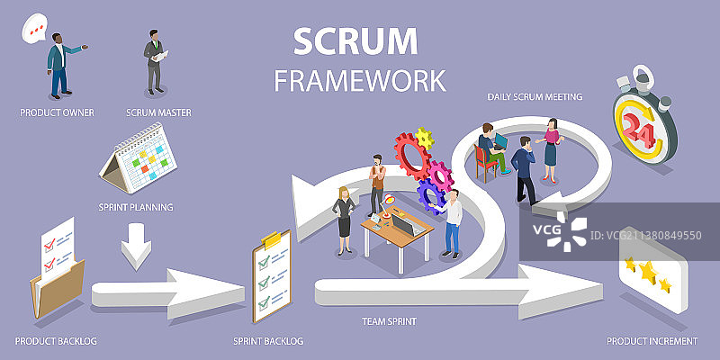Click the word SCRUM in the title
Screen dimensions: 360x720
pyautogui.click(x=356, y=41)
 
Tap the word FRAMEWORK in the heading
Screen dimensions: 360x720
pyautogui.click(x=360, y=80)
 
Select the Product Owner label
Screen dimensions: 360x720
pyautogui.click(x=58, y=112)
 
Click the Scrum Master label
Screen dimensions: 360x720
pyautogui.click(x=158, y=112)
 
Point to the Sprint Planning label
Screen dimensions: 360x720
pyautogui.click(x=135, y=207)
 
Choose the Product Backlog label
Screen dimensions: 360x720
pyautogui.click(x=56, y=341)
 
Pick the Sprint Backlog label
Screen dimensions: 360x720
pyautogui.click(x=268, y=341)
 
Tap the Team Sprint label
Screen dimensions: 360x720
pyautogui.click(x=390, y=320)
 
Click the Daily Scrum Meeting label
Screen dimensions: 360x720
pyautogui.click(x=535, y=95)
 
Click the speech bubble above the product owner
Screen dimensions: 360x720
pyautogui.click(x=35, y=30)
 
